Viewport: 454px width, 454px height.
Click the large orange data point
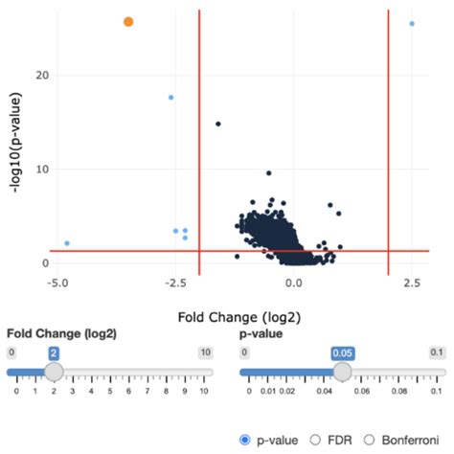(128, 21)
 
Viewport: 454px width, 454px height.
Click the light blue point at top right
(412, 23)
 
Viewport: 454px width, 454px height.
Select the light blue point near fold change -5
(67, 243)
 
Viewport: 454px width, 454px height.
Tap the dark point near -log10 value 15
(218, 124)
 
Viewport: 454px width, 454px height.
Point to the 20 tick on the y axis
(41, 75)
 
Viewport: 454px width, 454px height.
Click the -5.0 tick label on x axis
(57, 284)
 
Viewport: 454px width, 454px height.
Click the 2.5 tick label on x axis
(412, 284)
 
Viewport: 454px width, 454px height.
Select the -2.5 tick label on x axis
(175, 284)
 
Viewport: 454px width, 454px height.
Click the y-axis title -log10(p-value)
(16, 144)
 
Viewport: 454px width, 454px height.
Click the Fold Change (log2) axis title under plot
(235, 314)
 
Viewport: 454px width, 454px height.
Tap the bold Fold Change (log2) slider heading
(61, 334)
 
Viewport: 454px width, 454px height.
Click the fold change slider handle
(55, 372)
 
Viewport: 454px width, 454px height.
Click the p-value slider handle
(342, 372)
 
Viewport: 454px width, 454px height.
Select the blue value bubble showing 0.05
(342, 353)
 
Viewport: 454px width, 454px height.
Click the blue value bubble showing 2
(55, 353)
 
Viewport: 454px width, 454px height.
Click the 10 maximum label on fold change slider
(204, 352)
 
